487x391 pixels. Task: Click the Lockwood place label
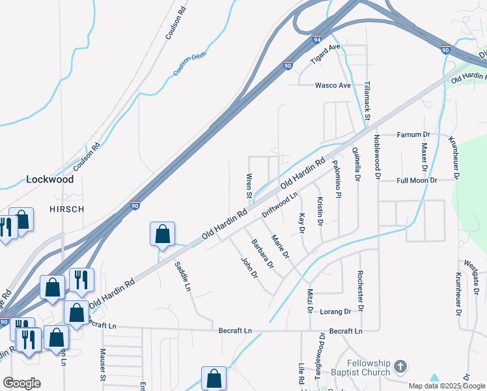coord(50,179)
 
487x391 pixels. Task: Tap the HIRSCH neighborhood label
coord(67,209)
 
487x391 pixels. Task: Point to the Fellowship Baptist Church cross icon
coord(400,366)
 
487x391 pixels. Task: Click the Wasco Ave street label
coord(333,85)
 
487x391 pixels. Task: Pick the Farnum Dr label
coord(413,135)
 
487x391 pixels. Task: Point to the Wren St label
coord(249,186)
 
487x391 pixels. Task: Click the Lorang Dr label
coord(336,311)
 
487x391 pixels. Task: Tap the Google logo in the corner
coord(21,383)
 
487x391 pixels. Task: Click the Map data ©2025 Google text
coord(447,386)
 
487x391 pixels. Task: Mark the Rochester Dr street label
coord(359,292)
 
